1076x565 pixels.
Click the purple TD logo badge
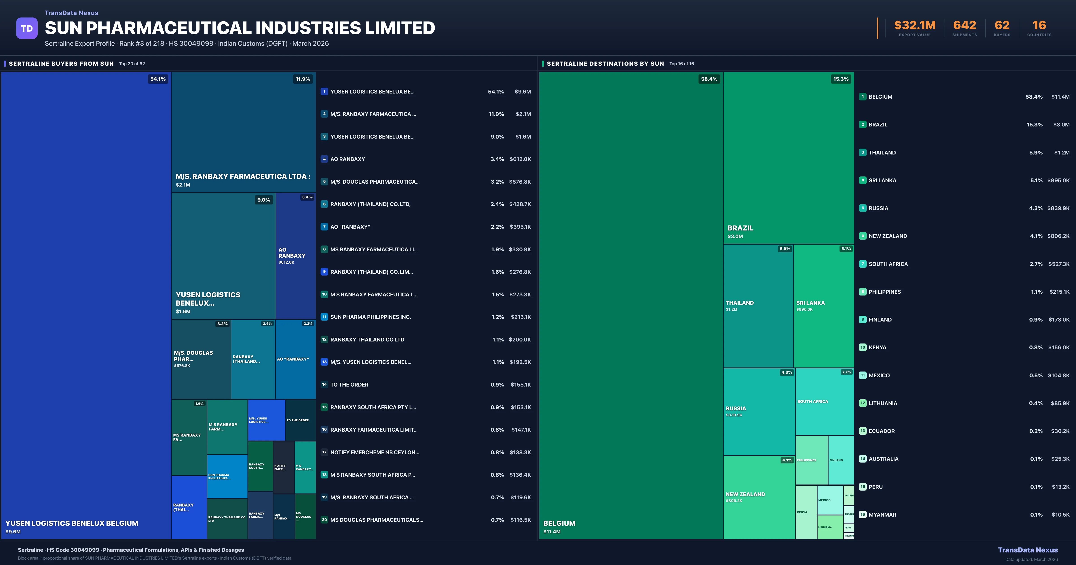pyautogui.click(x=27, y=28)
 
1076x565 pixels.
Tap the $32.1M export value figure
pyautogui.click(x=914, y=26)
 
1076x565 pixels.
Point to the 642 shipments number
pyautogui.click(x=964, y=26)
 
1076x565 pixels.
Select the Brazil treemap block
pyautogui.click(x=788, y=158)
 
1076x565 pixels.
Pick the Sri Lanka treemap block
pyautogui.click(x=823, y=306)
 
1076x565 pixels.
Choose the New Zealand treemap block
pyautogui.click(x=759, y=497)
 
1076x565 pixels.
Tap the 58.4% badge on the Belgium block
pyautogui.click(x=709, y=79)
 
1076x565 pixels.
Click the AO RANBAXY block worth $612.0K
pyautogui.click(x=295, y=256)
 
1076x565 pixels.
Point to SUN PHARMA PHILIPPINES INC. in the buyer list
pyautogui.click(x=371, y=317)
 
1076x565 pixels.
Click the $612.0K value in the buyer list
pyautogui.click(x=520, y=159)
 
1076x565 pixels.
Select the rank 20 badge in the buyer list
pyautogui.click(x=324, y=520)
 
